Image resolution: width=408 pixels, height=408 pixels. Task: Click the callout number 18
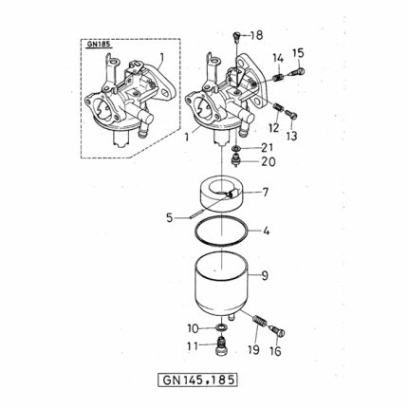click(256, 35)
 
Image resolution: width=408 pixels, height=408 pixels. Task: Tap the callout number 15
click(298, 53)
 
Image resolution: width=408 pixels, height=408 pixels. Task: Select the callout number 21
click(267, 148)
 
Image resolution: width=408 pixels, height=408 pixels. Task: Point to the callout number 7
click(264, 192)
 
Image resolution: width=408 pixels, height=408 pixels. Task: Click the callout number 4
click(267, 232)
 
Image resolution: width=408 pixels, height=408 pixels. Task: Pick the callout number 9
click(265, 276)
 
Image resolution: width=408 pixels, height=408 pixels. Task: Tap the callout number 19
click(253, 350)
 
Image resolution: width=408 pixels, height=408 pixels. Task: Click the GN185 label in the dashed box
click(99, 44)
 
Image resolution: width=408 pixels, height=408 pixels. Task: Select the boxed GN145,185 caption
click(197, 380)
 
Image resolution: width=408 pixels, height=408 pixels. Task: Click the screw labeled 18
click(237, 36)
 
